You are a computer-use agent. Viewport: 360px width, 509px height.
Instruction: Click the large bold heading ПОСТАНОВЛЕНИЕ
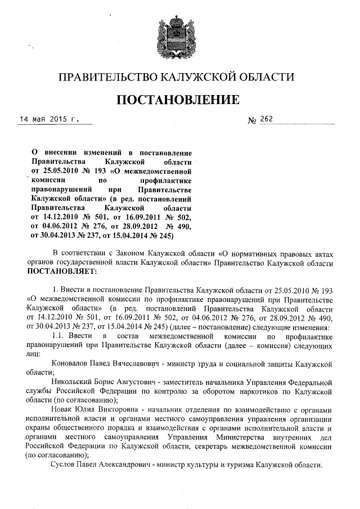tap(178, 100)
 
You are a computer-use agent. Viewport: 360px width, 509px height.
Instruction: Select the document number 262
tap(265, 119)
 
